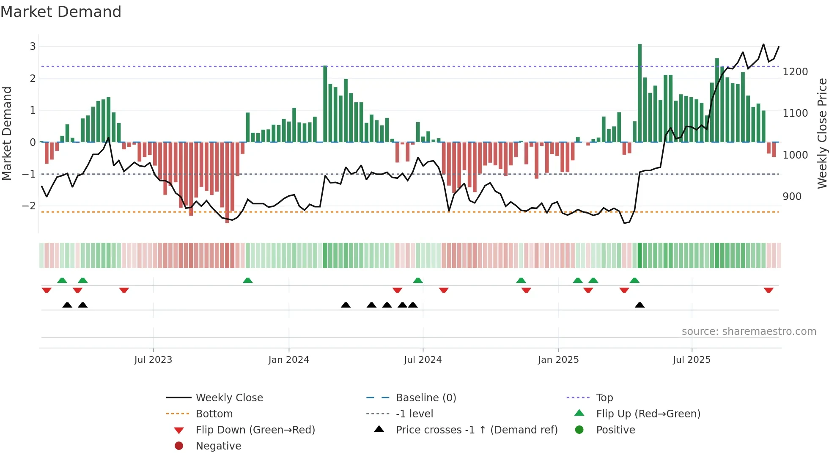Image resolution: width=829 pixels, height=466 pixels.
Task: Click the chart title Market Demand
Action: tap(61, 12)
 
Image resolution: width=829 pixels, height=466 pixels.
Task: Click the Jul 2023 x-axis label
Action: tap(153, 360)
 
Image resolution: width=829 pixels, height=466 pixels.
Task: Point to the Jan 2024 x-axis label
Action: tap(288, 360)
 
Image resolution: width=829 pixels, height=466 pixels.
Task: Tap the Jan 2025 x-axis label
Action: tap(558, 360)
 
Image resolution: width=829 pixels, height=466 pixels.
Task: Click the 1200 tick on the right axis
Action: tap(795, 72)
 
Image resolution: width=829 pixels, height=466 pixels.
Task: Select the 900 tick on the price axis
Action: tap(792, 197)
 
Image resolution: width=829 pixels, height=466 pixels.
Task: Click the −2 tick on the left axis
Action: tap(29, 206)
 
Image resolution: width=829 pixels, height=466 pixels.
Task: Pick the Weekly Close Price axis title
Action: tap(822, 133)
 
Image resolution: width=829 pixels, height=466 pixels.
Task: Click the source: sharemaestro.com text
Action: tap(749, 332)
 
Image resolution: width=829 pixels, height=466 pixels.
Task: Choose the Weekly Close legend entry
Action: tap(229, 398)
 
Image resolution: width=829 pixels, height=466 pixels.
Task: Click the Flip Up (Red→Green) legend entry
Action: tap(648, 414)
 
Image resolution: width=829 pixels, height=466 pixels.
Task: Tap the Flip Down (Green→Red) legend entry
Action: tap(255, 430)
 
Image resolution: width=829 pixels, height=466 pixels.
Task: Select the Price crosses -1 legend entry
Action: tap(476, 430)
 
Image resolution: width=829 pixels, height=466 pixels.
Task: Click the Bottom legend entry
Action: tap(214, 414)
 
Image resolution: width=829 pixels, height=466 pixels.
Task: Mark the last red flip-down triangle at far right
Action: tap(769, 290)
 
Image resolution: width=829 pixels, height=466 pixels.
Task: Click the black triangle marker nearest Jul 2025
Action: tap(640, 305)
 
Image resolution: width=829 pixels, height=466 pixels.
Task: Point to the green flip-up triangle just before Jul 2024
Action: tap(418, 280)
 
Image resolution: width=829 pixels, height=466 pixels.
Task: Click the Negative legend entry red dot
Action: tap(179, 446)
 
